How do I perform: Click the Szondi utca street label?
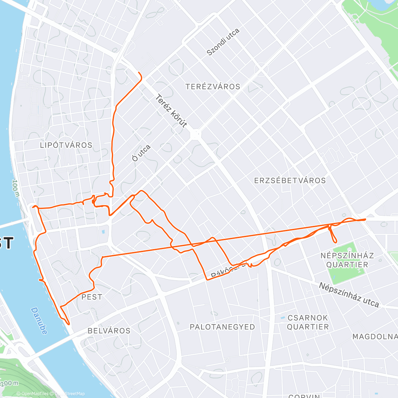pos(223,42)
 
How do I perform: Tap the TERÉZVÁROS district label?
pos(213,87)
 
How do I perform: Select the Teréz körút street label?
pos(171,111)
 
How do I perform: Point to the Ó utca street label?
pos(141,153)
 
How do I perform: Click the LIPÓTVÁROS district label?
pos(66,145)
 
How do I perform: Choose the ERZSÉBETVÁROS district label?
pos(290,181)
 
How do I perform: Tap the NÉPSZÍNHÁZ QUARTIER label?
pos(347,260)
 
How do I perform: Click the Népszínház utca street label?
pos(349,295)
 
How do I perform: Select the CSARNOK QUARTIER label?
pos(307,322)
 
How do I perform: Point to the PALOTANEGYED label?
pos(222,327)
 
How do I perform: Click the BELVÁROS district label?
pos(109,331)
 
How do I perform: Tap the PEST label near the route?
pos(92,297)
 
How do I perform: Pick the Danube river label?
pos(39,320)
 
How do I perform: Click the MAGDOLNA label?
pos(375,337)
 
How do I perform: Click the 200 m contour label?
pos(9,383)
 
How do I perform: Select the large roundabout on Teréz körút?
pos(196,134)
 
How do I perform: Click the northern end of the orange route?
pos(139,73)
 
